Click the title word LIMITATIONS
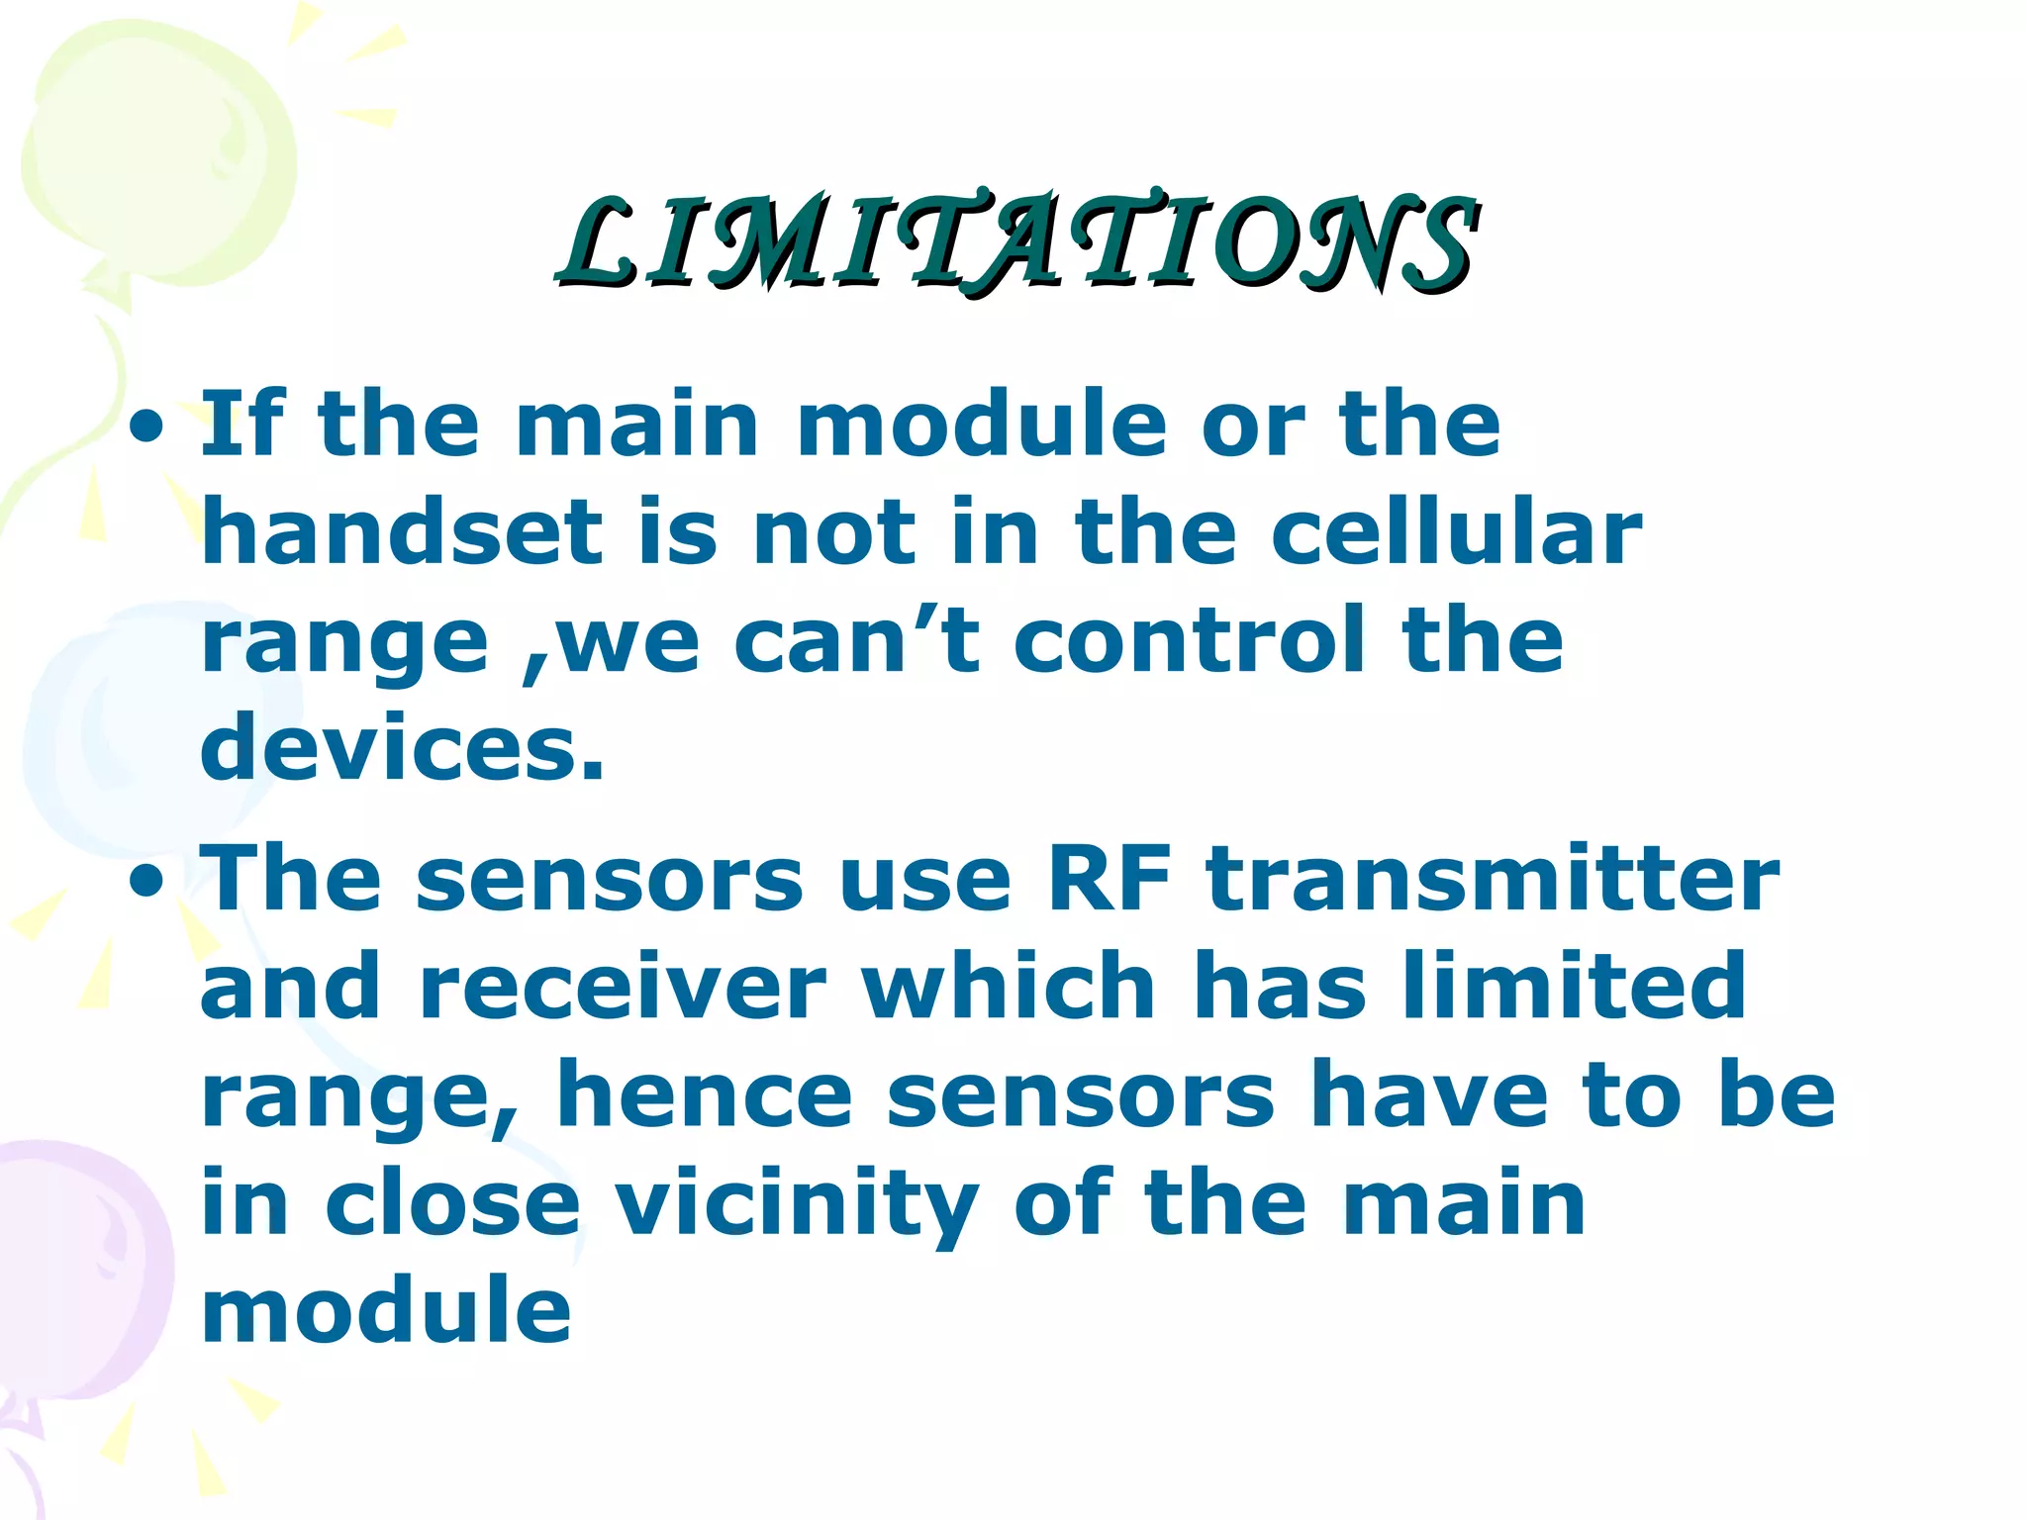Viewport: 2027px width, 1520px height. [x=1017, y=242]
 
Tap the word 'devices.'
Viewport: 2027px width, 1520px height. [x=402, y=748]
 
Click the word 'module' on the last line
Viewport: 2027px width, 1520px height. [x=386, y=1311]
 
